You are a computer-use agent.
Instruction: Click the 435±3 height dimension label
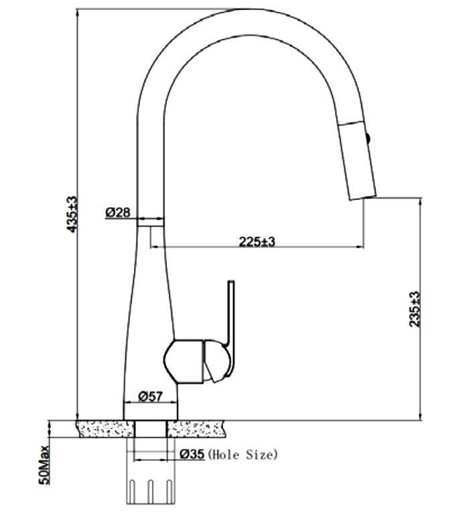click(x=72, y=214)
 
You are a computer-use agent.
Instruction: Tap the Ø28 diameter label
click(x=117, y=212)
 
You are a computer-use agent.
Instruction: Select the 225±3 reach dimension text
click(x=257, y=241)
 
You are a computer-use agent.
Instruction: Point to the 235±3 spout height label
click(x=415, y=308)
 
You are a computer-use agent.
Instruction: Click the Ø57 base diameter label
click(x=150, y=396)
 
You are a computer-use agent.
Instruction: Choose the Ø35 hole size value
click(x=192, y=454)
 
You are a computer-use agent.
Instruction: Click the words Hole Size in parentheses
click(x=243, y=455)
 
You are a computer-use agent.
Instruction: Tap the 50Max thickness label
click(x=44, y=465)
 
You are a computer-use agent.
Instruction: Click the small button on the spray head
click(x=368, y=138)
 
